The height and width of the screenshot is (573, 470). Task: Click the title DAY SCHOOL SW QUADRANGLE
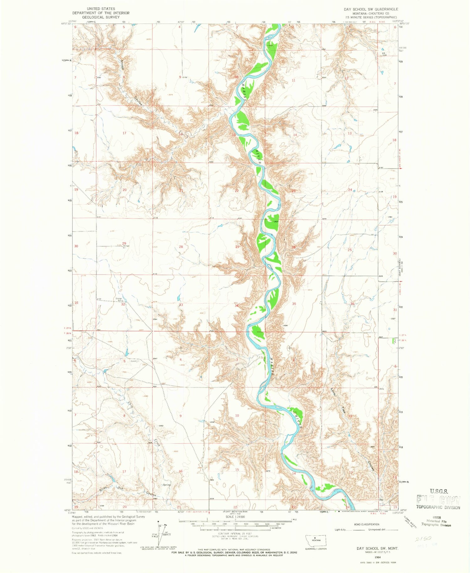pyautogui.click(x=371, y=9)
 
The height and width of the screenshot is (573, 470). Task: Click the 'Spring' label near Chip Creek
pyautogui.click(x=166, y=485)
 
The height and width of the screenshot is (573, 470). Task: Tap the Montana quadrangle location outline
pyautogui.click(x=316, y=541)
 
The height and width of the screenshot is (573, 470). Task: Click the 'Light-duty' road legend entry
pyautogui.click(x=341, y=530)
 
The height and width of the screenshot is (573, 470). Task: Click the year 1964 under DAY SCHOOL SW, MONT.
pyautogui.click(x=377, y=557)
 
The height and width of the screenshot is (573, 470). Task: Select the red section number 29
pyautogui.click(x=124, y=244)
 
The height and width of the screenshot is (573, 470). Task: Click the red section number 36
pyautogui.click(x=352, y=304)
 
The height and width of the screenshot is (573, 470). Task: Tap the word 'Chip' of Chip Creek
pyautogui.click(x=131, y=405)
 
